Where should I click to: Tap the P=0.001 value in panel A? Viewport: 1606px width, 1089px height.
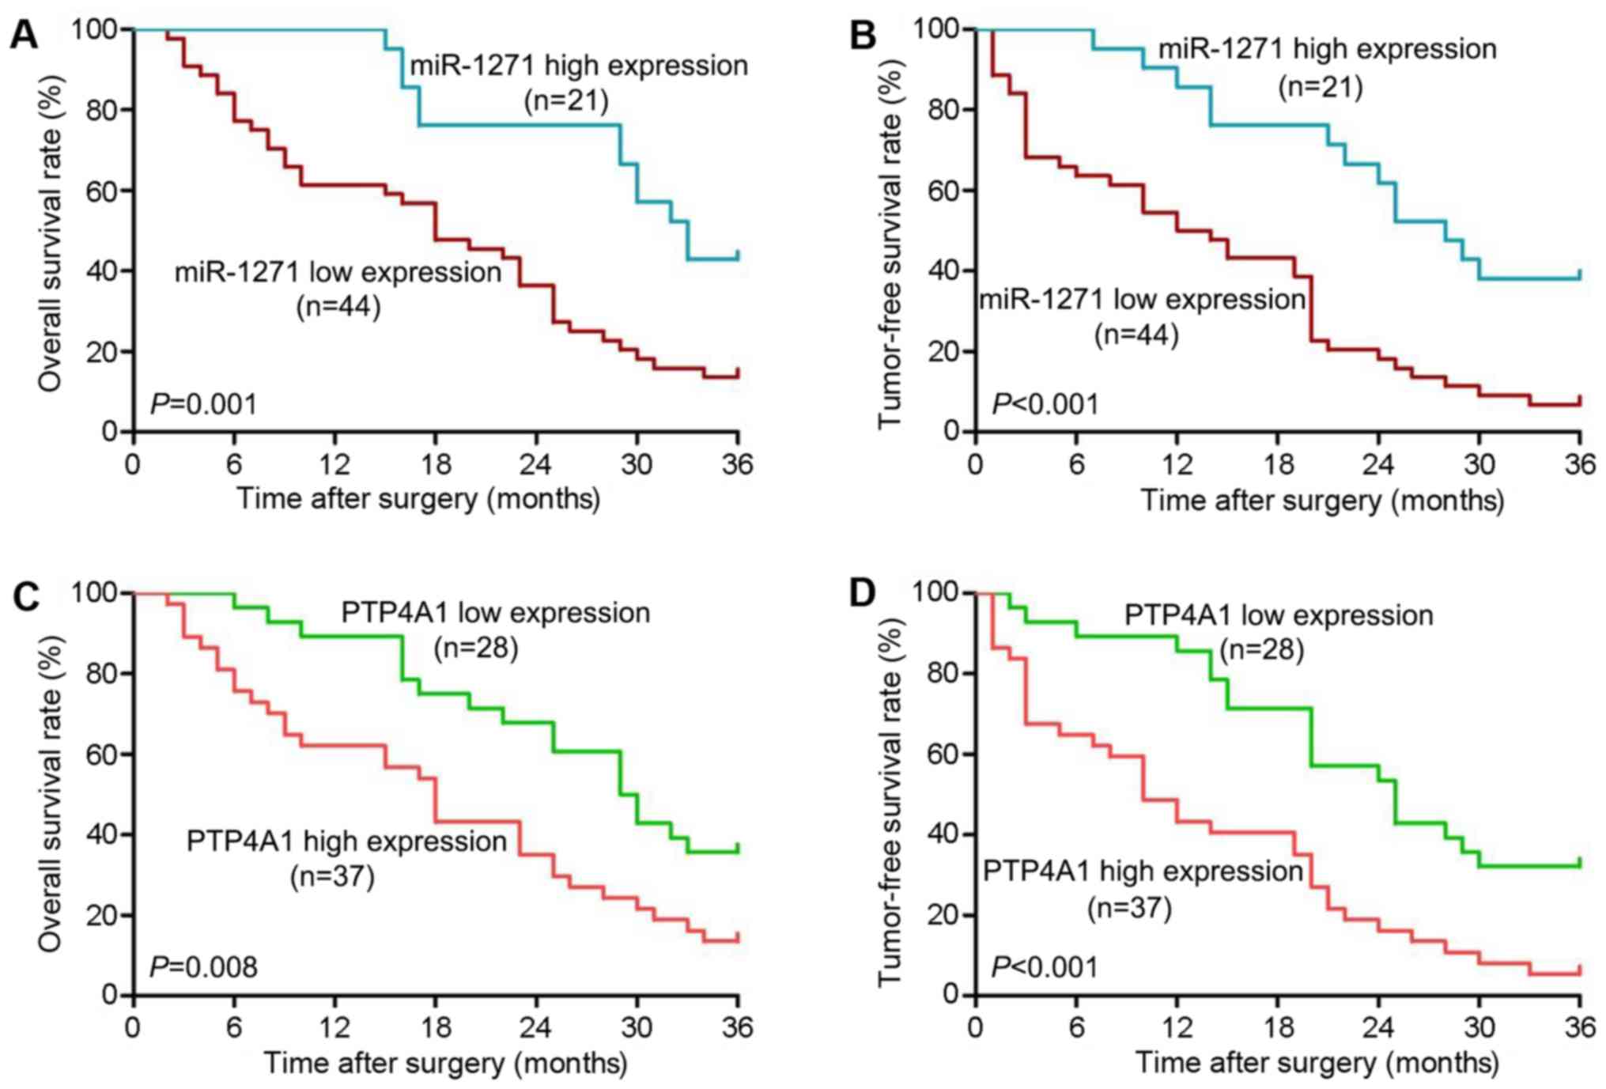point(204,404)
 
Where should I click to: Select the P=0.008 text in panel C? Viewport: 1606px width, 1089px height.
point(204,966)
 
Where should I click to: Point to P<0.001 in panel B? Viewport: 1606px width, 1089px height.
point(1045,404)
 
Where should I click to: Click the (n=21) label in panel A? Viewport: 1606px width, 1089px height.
point(566,100)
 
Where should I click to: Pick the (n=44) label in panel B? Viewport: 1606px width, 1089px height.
point(1136,335)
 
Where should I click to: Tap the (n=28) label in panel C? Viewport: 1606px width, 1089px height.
point(476,648)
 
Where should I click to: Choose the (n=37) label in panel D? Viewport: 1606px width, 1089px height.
point(1129,907)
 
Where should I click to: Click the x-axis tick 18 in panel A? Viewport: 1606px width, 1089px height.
point(435,463)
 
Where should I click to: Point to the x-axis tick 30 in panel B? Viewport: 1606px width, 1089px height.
point(1479,463)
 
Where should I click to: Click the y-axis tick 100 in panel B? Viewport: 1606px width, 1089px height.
point(936,29)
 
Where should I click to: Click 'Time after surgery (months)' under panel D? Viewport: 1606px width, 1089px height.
point(1317,1062)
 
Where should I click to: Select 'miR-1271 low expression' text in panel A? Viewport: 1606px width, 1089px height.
point(338,272)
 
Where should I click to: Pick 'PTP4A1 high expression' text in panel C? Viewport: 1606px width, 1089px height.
point(346,841)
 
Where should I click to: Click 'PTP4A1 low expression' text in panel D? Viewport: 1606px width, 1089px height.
point(1279,615)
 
